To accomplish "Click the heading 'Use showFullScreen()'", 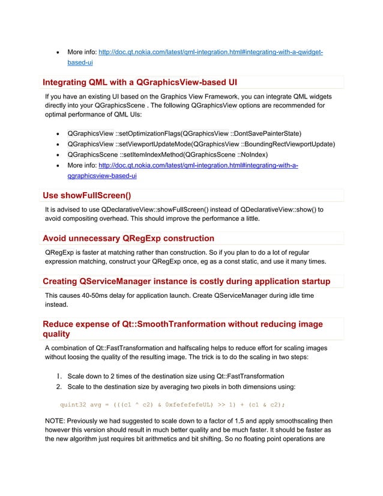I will [87, 195].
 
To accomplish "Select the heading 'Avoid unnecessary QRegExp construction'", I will [128, 238].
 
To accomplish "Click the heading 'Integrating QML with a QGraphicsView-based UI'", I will [144, 82].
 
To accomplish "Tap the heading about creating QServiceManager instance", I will [186, 282].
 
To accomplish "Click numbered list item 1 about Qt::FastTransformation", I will [176, 376].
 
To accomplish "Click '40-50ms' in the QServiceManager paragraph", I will [102, 296].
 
